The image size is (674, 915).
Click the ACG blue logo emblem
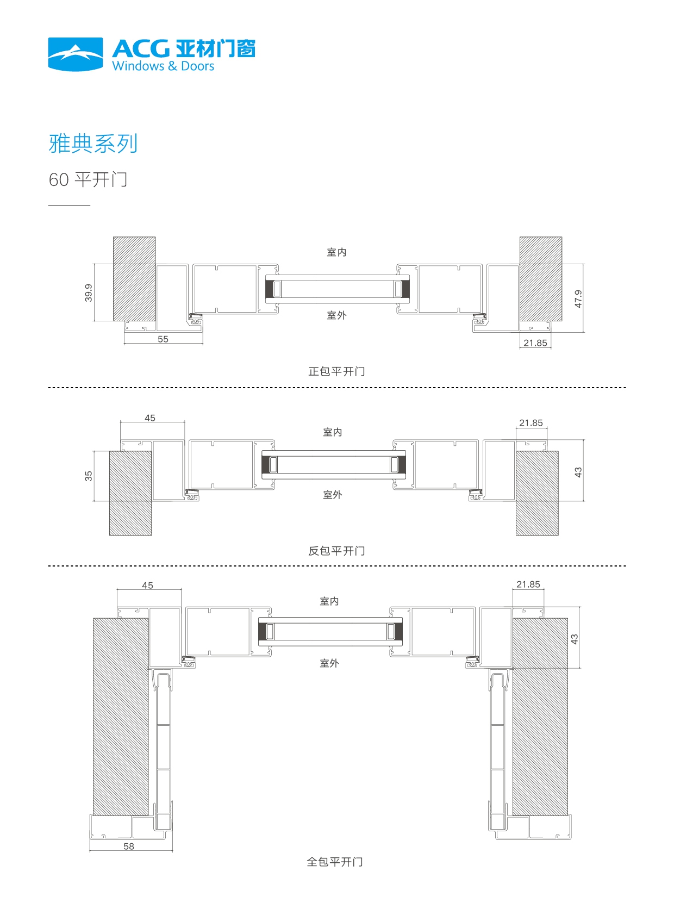pos(75,54)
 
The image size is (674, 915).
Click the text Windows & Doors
pos(163,66)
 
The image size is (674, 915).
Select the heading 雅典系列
pos(93,144)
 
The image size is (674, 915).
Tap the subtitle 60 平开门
pos(88,179)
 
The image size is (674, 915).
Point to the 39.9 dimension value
pos(89,292)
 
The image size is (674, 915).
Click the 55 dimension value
pos(163,339)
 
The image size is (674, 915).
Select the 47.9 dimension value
pos(578,298)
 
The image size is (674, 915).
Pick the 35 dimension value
pos(89,476)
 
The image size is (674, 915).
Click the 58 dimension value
pos(129,846)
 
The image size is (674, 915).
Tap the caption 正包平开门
pos(336,371)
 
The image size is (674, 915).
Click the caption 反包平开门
pos(336,551)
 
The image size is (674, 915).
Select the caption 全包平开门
pos(335,862)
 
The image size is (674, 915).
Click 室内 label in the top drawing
pos(336,252)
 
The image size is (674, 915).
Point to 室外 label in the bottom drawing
pos(329,663)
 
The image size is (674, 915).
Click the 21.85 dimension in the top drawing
pos(535,343)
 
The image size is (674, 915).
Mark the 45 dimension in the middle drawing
pos(150,418)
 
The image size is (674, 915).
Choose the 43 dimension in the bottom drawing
pos(575,639)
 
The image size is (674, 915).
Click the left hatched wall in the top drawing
pos(134,278)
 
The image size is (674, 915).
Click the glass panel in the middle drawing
pos(333,465)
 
